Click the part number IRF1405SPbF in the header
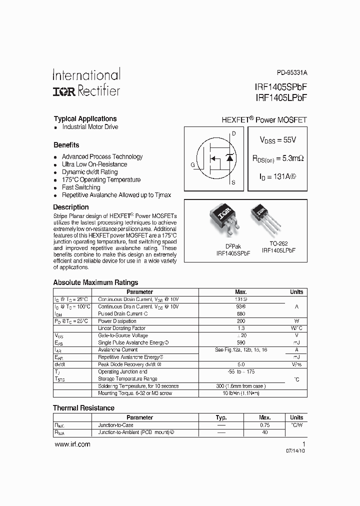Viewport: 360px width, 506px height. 280,86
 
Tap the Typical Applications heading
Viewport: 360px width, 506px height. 85,119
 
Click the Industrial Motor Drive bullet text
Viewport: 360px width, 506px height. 90,127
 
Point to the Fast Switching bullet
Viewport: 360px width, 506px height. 81,187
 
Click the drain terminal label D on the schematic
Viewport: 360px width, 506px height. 233,133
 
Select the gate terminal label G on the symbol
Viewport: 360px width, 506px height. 192,164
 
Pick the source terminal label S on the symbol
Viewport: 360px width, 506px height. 233,183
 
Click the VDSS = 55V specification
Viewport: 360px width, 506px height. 277,140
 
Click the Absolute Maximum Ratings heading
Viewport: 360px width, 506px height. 95,282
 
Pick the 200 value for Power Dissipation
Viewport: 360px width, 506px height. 241,321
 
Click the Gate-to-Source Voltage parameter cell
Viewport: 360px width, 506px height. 123,335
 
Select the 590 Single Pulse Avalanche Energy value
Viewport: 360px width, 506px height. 241,343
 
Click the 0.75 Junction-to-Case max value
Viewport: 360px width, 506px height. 264,425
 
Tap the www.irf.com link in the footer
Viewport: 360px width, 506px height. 72,444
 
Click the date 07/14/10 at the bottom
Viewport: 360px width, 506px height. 295,450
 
